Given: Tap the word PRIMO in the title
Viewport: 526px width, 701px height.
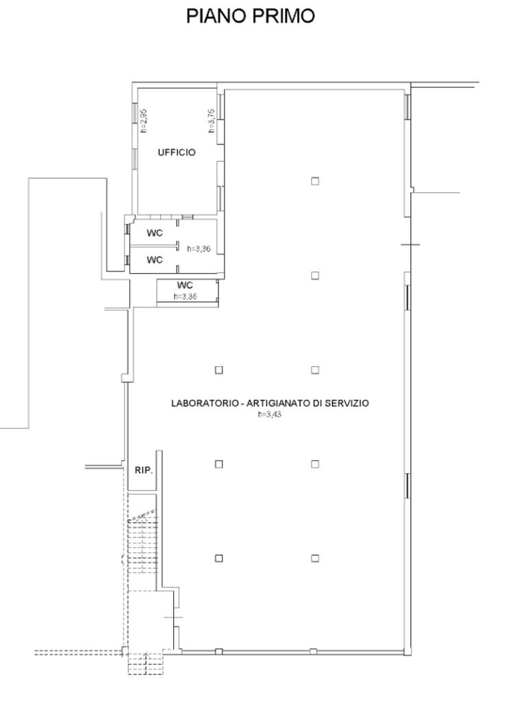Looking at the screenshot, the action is tap(284, 16).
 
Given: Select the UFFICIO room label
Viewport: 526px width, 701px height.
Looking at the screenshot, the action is tap(177, 153).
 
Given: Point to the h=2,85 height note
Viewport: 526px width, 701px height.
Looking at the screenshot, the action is tap(144, 120).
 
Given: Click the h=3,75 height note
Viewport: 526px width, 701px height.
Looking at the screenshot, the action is tap(212, 120).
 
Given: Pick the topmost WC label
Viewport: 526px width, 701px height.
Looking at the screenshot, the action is tap(155, 233).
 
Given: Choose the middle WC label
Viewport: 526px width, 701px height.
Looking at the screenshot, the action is tap(155, 259).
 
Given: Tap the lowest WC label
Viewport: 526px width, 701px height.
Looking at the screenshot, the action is tap(185, 285).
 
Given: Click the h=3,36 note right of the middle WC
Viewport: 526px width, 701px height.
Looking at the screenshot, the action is tap(199, 248).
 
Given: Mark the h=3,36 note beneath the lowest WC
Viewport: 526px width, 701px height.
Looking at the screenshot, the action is tap(185, 296).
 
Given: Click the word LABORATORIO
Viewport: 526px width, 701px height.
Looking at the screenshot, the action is tap(205, 403).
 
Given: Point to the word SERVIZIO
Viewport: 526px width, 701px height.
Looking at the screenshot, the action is tap(347, 403).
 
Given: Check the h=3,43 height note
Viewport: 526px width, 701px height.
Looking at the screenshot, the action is tap(270, 414).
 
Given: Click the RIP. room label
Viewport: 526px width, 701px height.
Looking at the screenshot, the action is tap(144, 470).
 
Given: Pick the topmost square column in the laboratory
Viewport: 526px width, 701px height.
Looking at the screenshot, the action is tap(315, 181).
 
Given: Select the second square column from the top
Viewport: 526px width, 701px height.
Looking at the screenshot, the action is tap(315, 275).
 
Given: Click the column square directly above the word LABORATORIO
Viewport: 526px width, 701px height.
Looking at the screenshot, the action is tap(218, 370).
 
